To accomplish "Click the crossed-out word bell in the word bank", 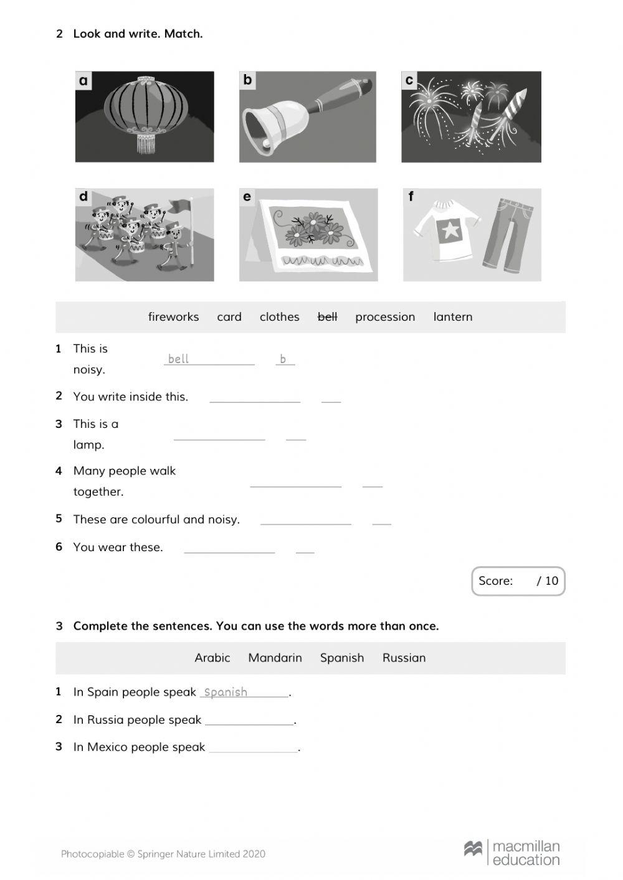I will pyautogui.click(x=327, y=317).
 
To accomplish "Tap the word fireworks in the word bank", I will pyautogui.click(x=173, y=317).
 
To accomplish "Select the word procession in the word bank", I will pyautogui.click(x=384, y=317).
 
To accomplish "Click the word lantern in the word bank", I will pyautogui.click(x=452, y=317).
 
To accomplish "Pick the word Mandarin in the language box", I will pyautogui.click(x=275, y=658).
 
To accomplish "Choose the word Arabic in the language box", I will pyautogui.click(x=212, y=658).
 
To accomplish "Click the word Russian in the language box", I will pyautogui.click(x=404, y=658).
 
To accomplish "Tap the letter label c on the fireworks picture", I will pyautogui.click(x=409, y=80).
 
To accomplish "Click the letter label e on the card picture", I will pyautogui.click(x=247, y=197).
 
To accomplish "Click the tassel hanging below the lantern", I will pyautogui.click(x=146, y=144).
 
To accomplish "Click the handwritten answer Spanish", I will pyautogui.click(x=226, y=692).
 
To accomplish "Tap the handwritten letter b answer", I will pyautogui.click(x=283, y=359).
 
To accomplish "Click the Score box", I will pyautogui.click(x=518, y=581).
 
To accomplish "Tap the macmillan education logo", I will pyautogui.click(x=512, y=853).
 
